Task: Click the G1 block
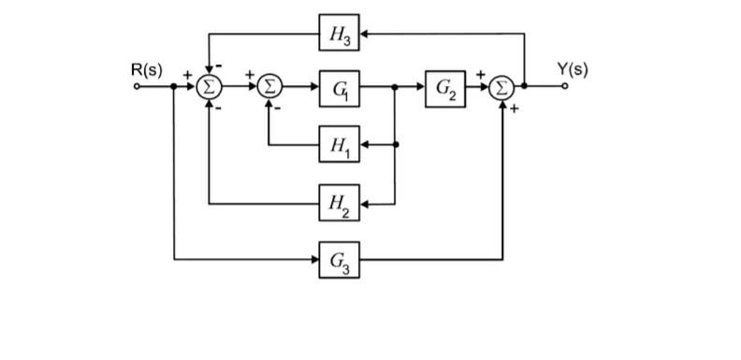click(339, 88)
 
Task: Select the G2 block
click(444, 88)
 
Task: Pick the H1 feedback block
click(339, 145)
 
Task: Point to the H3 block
click(339, 34)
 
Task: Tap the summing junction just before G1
click(269, 88)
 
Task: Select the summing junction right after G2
click(503, 88)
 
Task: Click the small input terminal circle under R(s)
click(138, 88)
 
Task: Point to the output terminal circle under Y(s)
click(565, 88)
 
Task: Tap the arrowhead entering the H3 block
click(364, 34)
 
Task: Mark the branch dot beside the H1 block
click(396, 145)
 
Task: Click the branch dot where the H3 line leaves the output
click(525, 88)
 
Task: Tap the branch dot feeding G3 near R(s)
click(175, 88)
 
